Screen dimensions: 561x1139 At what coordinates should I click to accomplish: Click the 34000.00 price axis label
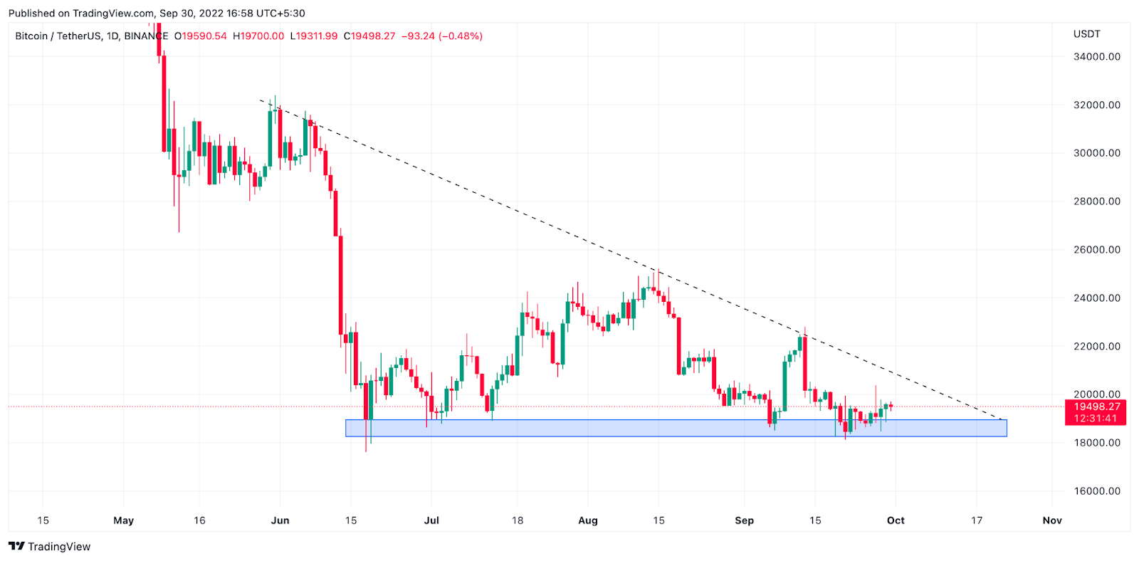[x=1096, y=56]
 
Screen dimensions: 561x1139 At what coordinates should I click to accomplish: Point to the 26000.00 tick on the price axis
[x=1096, y=250]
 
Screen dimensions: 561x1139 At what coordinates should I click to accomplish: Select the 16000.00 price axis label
[x=1096, y=491]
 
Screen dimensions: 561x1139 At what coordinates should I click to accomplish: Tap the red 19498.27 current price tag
[x=1096, y=407]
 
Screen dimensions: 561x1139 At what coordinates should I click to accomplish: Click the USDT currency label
[x=1086, y=34]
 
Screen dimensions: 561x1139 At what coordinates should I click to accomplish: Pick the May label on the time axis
[x=123, y=520]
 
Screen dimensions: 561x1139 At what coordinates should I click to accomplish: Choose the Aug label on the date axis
[x=588, y=520]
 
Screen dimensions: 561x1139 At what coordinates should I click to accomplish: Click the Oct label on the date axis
[x=896, y=520]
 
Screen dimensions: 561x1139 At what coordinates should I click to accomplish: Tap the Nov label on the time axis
[x=1052, y=520]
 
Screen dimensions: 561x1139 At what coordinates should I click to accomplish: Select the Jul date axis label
[x=431, y=520]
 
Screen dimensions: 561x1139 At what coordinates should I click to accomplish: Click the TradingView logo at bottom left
[x=50, y=547]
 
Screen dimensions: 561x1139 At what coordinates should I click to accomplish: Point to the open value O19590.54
[x=201, y=36]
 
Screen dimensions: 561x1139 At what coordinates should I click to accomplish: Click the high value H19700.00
[x=258, y=36]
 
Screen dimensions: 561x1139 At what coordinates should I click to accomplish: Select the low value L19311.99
[x=314, y=36]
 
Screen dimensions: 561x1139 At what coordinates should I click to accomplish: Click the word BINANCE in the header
[x=146, y=36]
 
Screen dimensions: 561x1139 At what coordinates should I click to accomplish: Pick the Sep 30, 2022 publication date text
[x=189, y=14]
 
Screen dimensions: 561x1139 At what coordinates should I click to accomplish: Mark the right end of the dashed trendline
[x=1002, y=419]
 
